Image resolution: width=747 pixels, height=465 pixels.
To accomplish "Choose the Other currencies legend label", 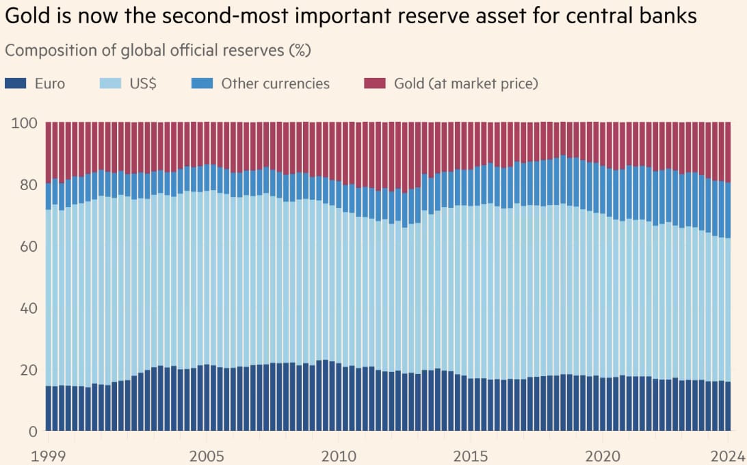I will point(275,83).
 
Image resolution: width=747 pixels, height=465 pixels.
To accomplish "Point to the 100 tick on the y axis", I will point(24,123).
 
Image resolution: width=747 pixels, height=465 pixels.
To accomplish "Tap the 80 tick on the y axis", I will point(27,185).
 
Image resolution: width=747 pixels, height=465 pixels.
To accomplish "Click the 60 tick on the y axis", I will point(27,246).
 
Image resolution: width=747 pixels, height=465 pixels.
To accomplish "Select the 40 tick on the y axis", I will point(27,308).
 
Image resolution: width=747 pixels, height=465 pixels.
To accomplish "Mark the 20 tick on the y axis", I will point(27,370).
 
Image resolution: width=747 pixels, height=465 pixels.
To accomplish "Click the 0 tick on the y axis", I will point(32,431).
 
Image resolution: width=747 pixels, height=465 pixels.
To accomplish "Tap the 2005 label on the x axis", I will point(205,455).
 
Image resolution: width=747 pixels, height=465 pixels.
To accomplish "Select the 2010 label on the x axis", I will point(337,455).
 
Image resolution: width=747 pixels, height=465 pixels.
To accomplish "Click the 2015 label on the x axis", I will point(471,455).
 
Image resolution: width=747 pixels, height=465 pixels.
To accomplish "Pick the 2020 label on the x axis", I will point(603,455).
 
